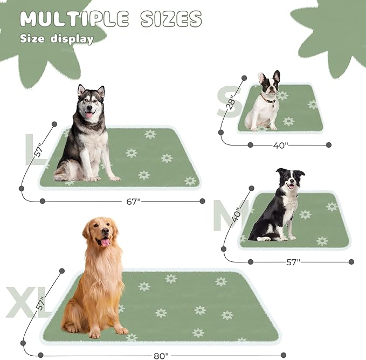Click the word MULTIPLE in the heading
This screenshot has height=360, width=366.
pos(74,19)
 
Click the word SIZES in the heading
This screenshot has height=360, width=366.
pos(171,19)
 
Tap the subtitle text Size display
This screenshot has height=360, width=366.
pos(57,39)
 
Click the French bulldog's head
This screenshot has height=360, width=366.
pos(268,84)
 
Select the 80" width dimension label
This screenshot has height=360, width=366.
pos(160,355)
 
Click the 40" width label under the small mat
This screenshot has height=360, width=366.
pos(280,144)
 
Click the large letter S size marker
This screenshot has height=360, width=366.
pos(226,103)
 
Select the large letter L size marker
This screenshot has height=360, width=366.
pos(33,150)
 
